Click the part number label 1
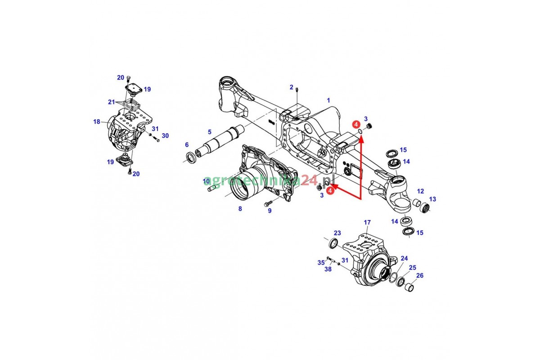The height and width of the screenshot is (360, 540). point(328,100)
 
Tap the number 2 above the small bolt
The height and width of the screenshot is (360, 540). point(292,87)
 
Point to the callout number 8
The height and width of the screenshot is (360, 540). point(240,209)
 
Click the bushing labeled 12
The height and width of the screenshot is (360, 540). point(418,203)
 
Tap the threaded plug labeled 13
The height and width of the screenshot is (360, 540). point(425,207)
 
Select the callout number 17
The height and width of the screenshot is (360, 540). point(367,222)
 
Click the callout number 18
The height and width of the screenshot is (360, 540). point(97,122)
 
